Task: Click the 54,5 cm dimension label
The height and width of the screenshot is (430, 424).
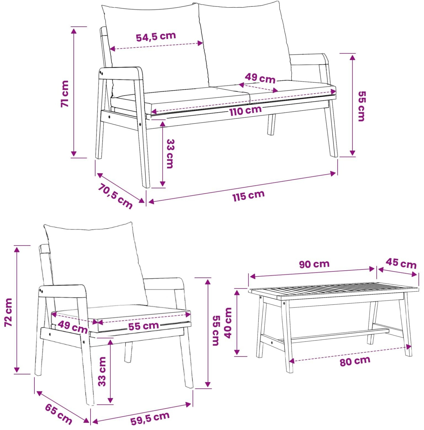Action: point(156,36)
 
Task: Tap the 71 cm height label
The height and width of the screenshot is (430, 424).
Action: point(65,94)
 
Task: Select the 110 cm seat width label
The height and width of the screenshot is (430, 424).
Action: point(246,111)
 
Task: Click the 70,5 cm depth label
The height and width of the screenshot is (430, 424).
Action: point(115,196)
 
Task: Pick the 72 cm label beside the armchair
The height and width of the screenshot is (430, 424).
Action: point(9,312)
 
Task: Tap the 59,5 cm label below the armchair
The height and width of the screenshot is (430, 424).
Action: point(150,418)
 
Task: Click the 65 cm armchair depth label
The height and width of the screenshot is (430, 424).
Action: point(58,414)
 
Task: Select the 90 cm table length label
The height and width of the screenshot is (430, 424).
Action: point(314,264)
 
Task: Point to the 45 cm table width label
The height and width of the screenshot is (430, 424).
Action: point(401,263)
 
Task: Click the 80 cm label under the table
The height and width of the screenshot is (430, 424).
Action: point(355,361)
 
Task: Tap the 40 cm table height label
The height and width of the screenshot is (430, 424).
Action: point(228,323)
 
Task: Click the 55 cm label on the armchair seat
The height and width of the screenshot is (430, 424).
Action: point(143,326)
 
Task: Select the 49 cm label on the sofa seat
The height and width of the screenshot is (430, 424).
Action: point(260,78)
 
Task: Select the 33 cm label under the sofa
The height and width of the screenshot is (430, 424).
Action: point(170,154)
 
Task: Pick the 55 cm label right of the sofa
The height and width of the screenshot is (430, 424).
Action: point(362,106)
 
